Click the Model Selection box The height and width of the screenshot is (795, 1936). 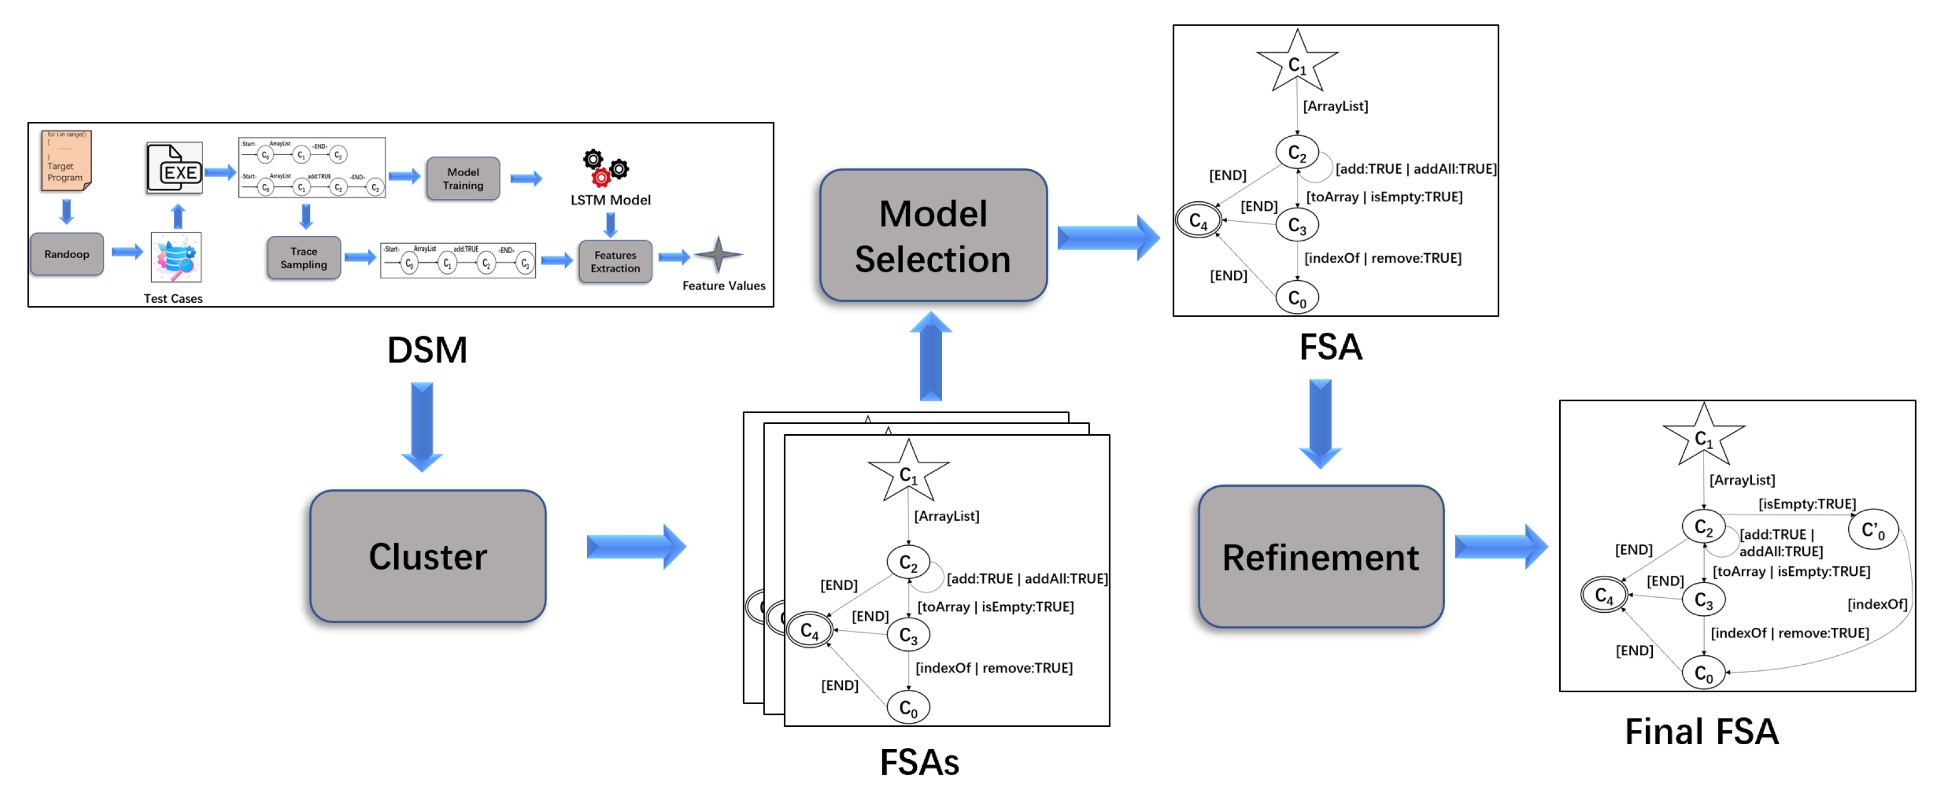pyautogui.click(x=932, y=235)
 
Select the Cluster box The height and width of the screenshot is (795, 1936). pyautogui.click(x=428, y=556)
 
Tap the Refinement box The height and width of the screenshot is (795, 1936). pyautogui.click(x=1321, y=557)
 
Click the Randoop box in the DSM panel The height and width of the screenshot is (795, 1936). pyautogui.click(x=67, y=254)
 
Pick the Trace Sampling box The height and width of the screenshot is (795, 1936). pyautogui.click(x=303, y=258)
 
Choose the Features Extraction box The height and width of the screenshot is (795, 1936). pyautogui.click(x=615, y=262)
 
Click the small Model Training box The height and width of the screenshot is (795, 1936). pyautogui.click(x=463, y=179)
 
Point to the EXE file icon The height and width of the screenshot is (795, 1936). pyautogui.click(x=175, y=168)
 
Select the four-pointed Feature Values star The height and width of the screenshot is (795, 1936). pyautogui.click(x=718, y=254)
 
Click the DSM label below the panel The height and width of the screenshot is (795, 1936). pyautogui.click(x=427, y=350)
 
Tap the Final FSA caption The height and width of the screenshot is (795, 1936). pyautogui.click(x=1701, y=731)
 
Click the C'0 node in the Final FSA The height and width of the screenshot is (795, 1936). pyautogui.click(x=1872, y=530)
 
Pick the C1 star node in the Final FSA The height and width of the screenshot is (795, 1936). pyautogui.click(x=1703, y=437)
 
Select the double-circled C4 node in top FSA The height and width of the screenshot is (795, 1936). pyautogui.click(x=1198, y=221)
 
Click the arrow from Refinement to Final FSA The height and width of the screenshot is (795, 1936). pyautogui.click(x=1500, y=547)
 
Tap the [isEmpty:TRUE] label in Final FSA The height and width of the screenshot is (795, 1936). pyautogui.click(x=1806, y=504)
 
